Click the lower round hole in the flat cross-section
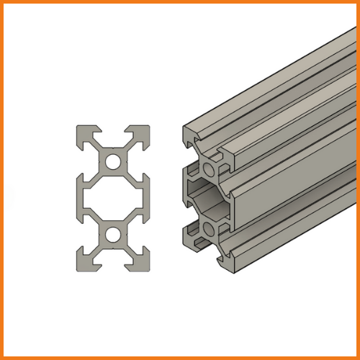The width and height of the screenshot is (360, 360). (x=113, y=235)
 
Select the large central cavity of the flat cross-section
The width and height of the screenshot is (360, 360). (x=113, y=198)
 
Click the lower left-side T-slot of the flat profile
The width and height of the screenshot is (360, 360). (x=82, y=235)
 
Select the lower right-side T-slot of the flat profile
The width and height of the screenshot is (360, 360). (x=144, y=235)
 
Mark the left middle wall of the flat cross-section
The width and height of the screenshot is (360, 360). (x=81, y=198)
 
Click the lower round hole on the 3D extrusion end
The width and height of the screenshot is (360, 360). (x=210, y=229)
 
